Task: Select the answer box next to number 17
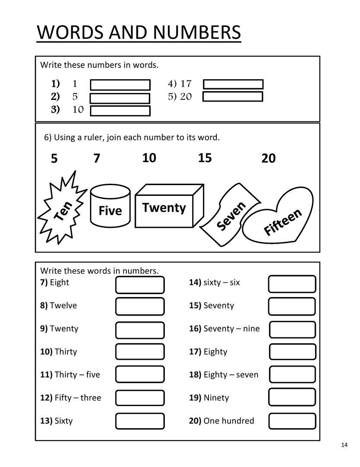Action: click(233, 84)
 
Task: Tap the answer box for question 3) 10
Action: click(120, 111)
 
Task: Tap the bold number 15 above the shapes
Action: click(205, 158)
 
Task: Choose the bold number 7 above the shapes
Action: click(96, 159)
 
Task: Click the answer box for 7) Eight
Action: click(140, 285)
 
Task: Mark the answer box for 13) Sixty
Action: click(140, 421)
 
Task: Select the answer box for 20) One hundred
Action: click(292, 421)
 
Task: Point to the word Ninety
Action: click(216, 398)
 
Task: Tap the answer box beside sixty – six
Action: click(292, 284)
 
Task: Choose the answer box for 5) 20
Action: click(233, 96)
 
